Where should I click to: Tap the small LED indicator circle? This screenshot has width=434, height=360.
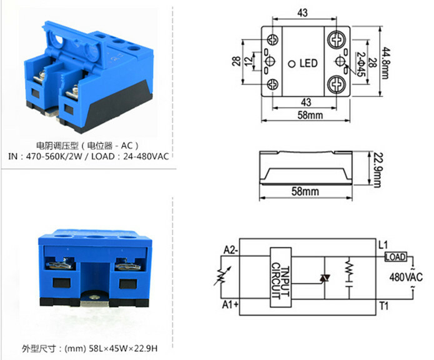click(291, 63)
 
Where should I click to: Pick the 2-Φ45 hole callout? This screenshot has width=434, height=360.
click(362, 62)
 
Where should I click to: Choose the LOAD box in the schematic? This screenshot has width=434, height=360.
click(396, 257)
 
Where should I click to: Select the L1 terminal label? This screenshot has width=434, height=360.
click(383, 244)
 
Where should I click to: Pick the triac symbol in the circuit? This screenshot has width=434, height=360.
click(324, 277)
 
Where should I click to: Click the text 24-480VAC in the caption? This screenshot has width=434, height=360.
click(144, 156)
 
